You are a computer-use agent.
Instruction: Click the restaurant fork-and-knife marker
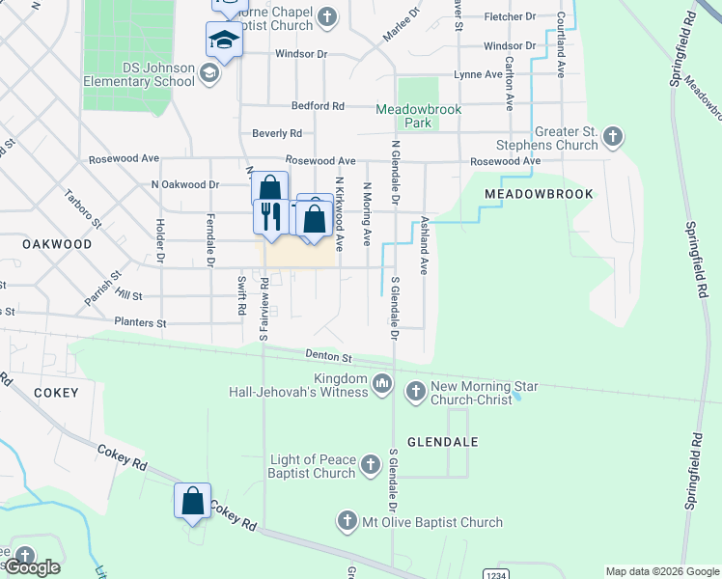click(x=269, y=215)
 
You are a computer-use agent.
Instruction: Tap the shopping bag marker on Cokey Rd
click(x=192, y=501)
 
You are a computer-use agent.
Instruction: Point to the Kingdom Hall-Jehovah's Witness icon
click(x=382, y=385)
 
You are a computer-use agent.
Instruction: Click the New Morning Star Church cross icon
click(x=415, y=392)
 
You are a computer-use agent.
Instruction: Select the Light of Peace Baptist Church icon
click(x=370, y=466)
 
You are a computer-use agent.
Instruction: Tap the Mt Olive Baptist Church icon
click(x=347, y=522)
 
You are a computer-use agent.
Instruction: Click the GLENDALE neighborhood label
click(x=443, y=441)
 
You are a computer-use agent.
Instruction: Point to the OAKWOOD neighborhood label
click(x=58, y=244)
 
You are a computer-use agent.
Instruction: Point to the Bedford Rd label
click(x=319, y=106)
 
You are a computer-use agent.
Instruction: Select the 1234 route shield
click(x=495, y=573)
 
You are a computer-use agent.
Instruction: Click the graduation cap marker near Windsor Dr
click(x=223, y=41)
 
